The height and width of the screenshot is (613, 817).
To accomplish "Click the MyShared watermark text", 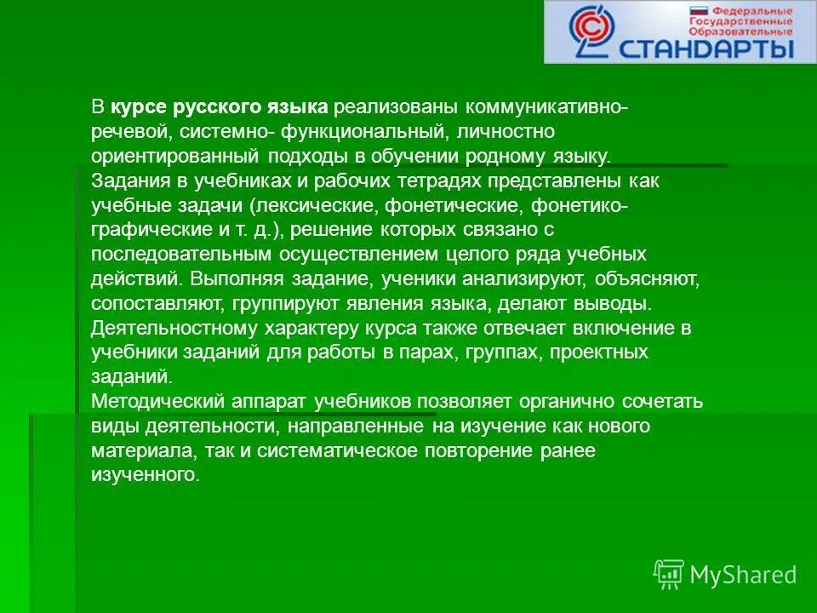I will click(743, 575).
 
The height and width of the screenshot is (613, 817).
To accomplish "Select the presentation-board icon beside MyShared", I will click(668, 575).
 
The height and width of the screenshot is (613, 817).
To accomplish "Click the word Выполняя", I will click(227, 278).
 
